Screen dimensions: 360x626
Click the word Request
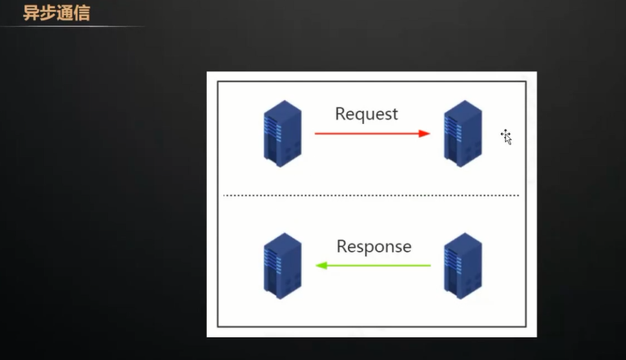coord(366,114)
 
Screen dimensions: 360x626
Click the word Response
coord(373,246)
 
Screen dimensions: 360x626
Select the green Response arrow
coord(373,266)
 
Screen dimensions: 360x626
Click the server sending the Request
coord(282,134)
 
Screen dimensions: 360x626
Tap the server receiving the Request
coord(462,134)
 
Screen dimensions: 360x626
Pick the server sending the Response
coord(462,266)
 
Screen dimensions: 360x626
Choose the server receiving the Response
coord(282,266)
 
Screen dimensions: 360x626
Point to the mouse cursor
coord(506,136)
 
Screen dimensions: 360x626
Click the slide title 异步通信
coord(57,14)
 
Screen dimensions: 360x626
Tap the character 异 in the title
coord(31,14)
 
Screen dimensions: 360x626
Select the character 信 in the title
coord(82,14)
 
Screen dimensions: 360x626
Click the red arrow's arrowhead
coord(424,133)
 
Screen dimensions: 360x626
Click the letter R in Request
coord(340,114)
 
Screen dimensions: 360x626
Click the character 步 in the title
coord(48,14)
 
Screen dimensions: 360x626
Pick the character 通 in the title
coord(66,14)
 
